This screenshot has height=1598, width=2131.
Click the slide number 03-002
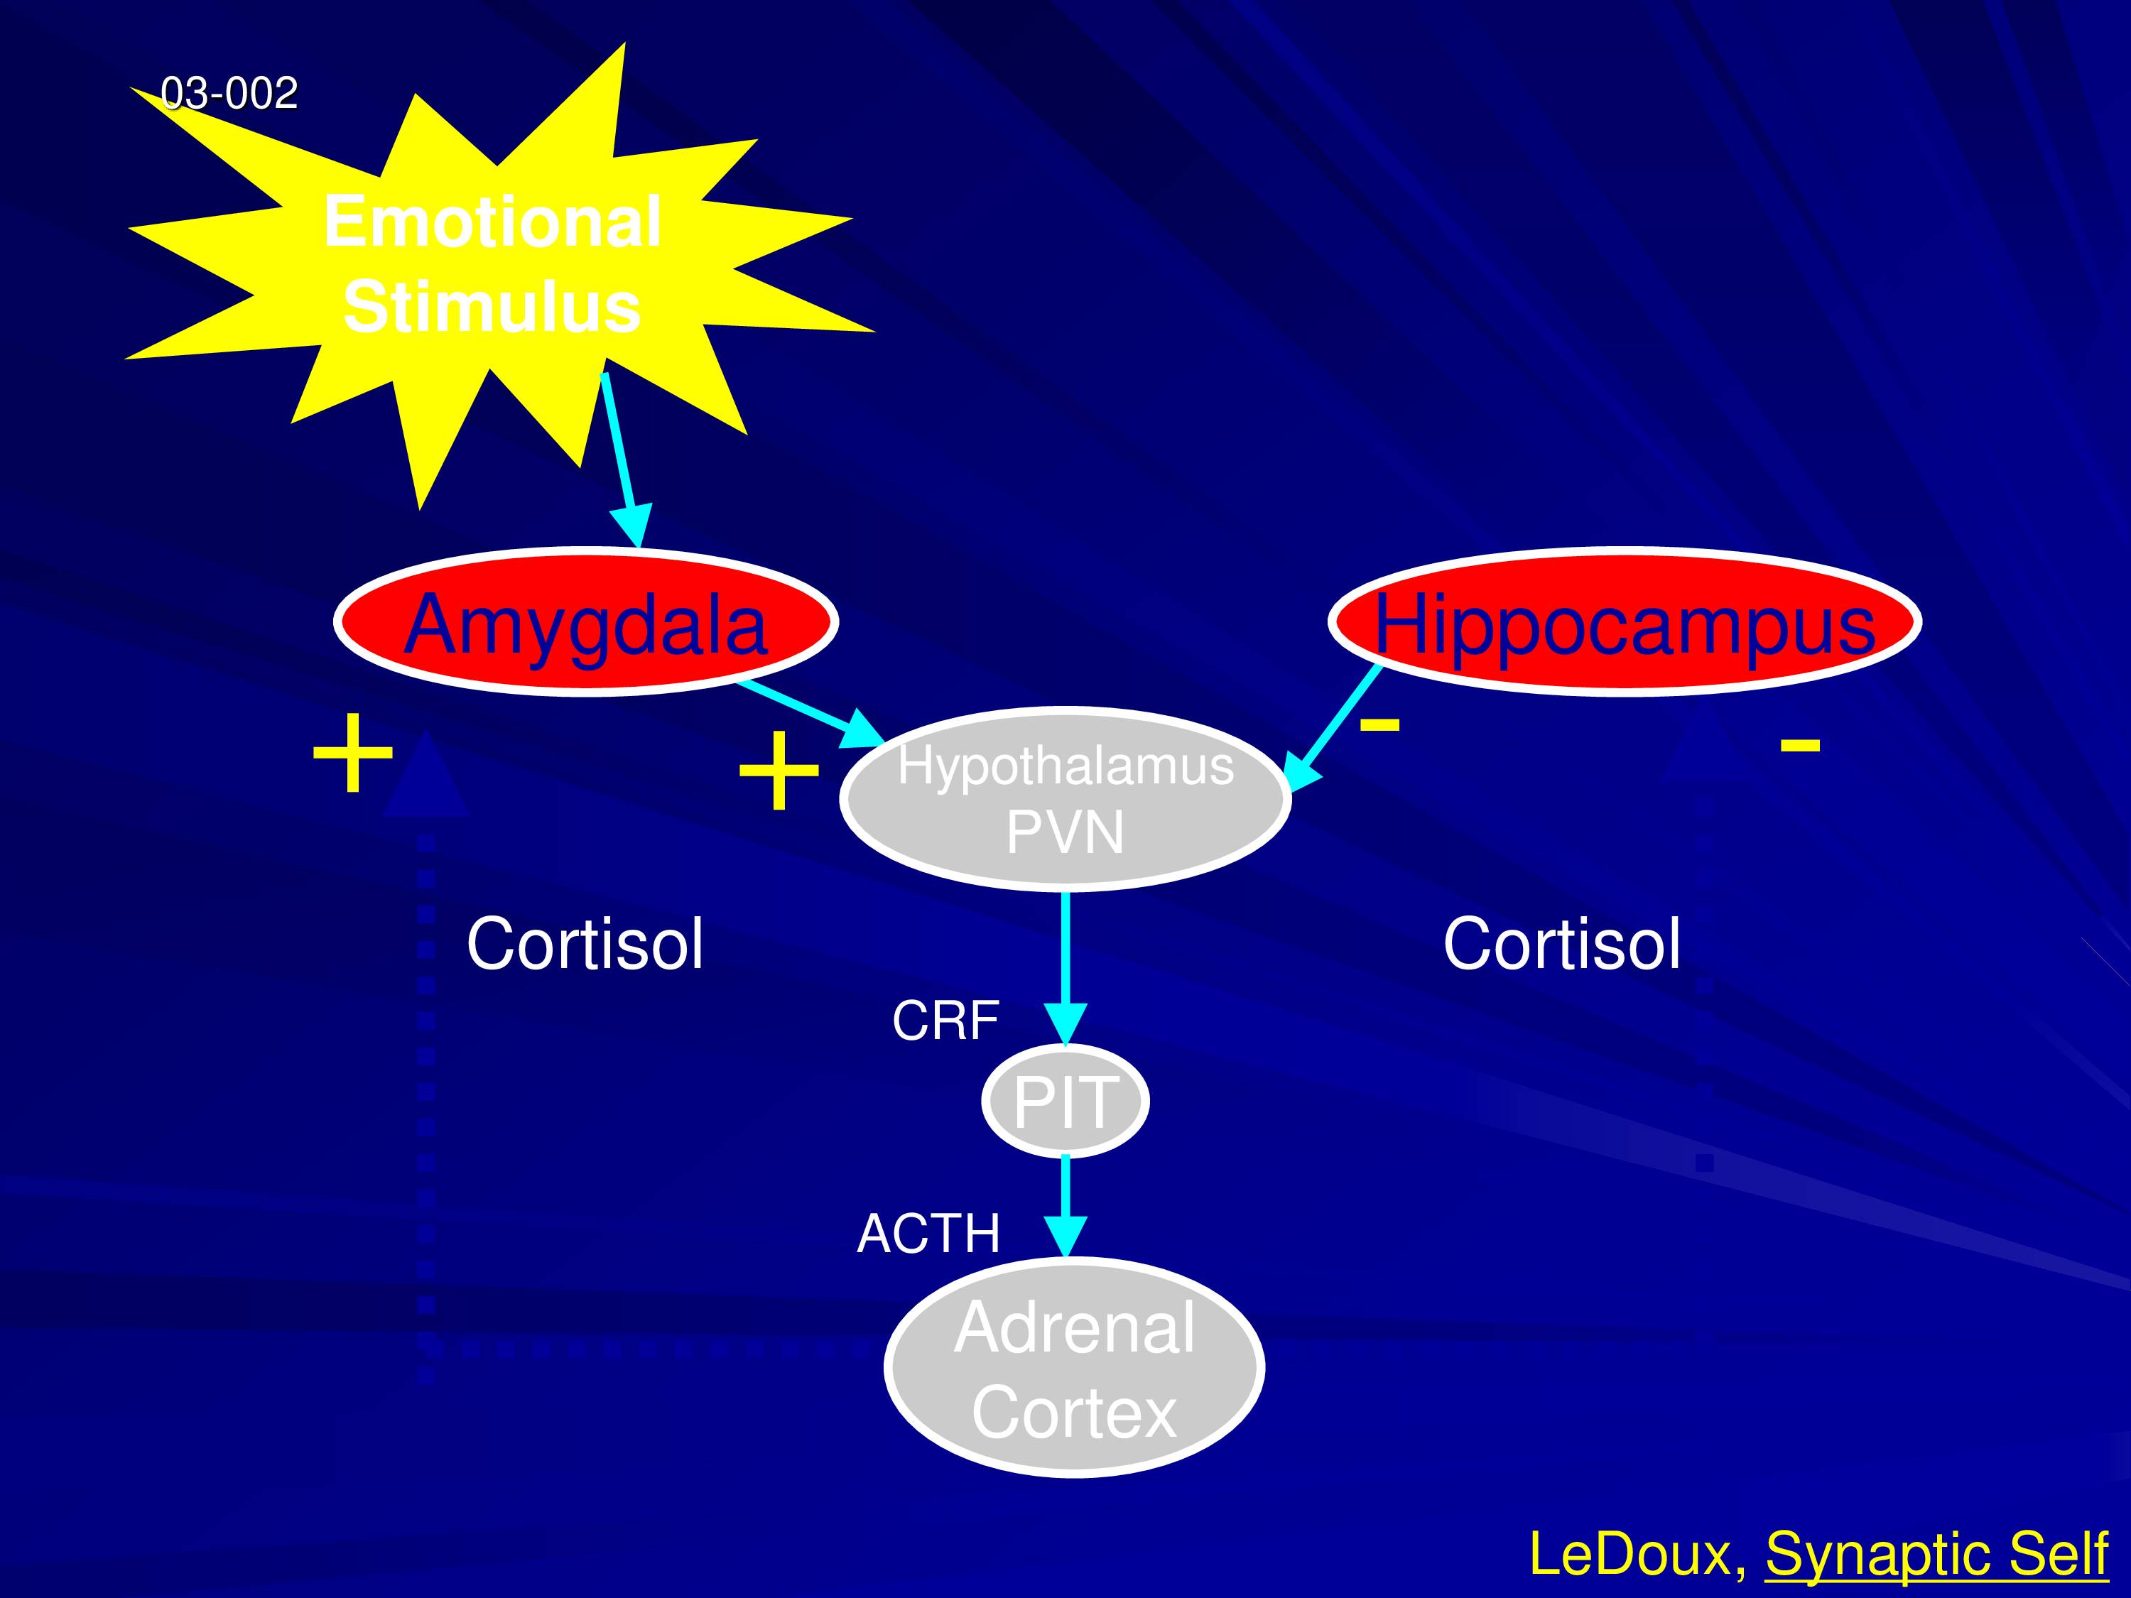[229, 94]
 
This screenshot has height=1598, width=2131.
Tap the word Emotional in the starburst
[492, 222]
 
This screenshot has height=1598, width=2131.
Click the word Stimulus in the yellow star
[492, 308]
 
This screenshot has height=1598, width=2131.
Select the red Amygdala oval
[586, 622]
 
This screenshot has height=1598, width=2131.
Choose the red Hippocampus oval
[1625, 622]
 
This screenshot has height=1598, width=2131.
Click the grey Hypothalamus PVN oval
[1065, 798]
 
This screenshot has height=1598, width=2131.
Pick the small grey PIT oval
[1065, 1100]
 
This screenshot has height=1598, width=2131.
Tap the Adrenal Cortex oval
[1074, 1368]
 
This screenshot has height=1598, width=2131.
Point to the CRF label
[945, 1021]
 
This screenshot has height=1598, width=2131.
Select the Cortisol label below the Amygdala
[585, 944]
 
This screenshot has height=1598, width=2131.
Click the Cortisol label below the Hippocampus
[1561, 944]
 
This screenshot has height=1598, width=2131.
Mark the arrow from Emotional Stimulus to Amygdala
[623, 460]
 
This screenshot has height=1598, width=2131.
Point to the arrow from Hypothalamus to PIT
[1065, 969]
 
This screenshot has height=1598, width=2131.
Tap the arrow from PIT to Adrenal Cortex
[1065, 1207]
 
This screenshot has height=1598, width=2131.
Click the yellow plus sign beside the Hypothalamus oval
[779, 771]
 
